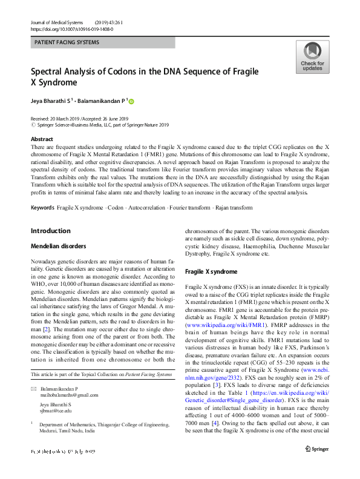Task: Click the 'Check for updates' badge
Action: (x=312, y=58)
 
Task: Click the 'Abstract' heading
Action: (x=41, y=139)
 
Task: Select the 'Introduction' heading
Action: (x=50, y=231)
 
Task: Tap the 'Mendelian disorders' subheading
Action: (x=59, y=246)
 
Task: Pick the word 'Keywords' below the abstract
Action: (x=42, y=208)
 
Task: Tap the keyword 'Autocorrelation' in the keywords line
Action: (x=147, y=208)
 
